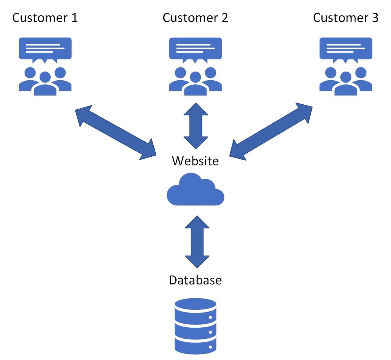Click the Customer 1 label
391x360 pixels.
[x=45, y=18]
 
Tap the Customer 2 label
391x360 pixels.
[x=195, y=18]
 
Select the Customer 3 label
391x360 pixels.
[x=345, y=18]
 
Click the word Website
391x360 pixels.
[x=195, y=161]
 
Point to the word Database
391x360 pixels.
[x=195, y=280]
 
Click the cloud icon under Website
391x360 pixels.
[x=195, y=191]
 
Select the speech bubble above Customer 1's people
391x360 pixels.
[x=45, y=48]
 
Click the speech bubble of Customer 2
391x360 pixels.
[x=195, y=48]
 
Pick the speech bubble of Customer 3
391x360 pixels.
[x=346, y=48]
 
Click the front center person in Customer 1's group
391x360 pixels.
[x=45, y=85]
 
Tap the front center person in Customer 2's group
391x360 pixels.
[x=195, y=85]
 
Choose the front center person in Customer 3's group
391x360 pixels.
[x=346, y=85]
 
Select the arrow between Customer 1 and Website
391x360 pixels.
[x=115, y=132]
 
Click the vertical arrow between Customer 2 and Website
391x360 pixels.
[x=196, y=126]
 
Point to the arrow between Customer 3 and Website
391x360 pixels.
[x=271, y=132]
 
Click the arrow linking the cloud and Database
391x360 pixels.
[x=197, y=242]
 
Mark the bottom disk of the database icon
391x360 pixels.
[x=195, y=347]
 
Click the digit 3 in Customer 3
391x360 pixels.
[x=375, y=18]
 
